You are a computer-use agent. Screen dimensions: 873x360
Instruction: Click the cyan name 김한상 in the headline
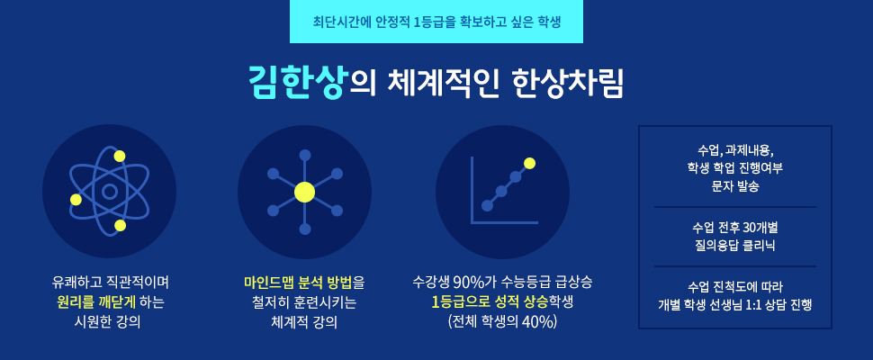pyautogui.click(x=297, y=82)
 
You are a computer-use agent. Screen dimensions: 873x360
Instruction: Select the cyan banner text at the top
pyautogui.click(x=436, y=22)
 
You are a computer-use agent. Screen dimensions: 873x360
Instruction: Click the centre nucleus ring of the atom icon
pyautogui.click(x=109, y=192)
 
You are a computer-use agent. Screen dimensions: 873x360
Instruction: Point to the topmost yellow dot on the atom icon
pyautogui.click(x=120, y=157)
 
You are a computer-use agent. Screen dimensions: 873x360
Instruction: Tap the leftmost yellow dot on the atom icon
pyautogui.click(x=76, y=199)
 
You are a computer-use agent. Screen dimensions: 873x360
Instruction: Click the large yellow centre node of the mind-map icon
pyautogui.click(x=304, y=192)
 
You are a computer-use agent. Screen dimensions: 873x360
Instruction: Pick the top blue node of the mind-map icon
pyautogui.click(x=304, y=155)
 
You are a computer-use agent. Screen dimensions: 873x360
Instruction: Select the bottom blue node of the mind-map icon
pyautogui.click(x=304, y=229)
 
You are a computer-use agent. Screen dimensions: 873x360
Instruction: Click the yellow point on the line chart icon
pyautogui.click(x=529, y=163)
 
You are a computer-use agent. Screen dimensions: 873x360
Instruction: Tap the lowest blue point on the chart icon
pyautogui.click(x=487, y=206)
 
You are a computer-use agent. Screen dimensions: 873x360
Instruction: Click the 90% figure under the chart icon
pyautogui.click(x=468, y=283)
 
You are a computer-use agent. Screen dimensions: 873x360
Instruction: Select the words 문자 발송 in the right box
pyautogui.click(x=735, y=187)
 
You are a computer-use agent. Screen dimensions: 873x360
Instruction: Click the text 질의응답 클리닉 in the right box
pyautogui.click(x=735, y=246)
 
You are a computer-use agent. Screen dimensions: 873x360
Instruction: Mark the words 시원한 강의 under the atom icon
pyautogui.click(x=109, y=322)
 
